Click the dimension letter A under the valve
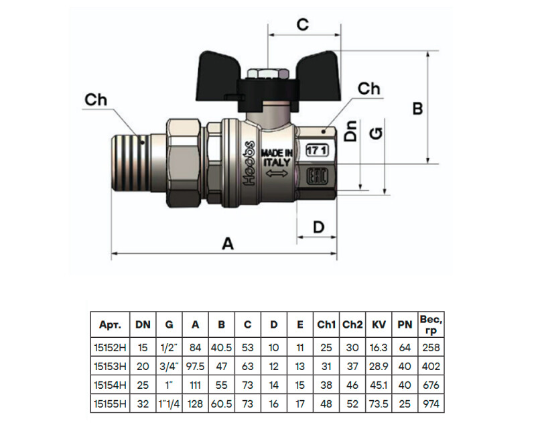(x=228, y=244)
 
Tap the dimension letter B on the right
(x=417, y=109)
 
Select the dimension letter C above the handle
(x=303, y=24)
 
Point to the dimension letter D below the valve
(x=319, y=227)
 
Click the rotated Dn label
(x=351, y=131)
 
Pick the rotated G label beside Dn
(x=376, y=133)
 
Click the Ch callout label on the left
(x=96, y=100)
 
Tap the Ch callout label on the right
(x=369, y=88)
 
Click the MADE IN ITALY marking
(x=277, y=158)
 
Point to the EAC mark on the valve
(x=317, y=176)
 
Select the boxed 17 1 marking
(x=317, y=151)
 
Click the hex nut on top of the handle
(x=269, y=74)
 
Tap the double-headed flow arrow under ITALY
(x=277, y=174)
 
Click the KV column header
(x=379, y=324)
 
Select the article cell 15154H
(x=110, y=385)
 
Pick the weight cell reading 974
(x=431, y=404)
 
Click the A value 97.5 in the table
(x=195, y=367)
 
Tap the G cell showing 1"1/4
(x=169, y=404)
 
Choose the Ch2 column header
(x=352, y=324)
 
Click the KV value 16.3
(x=379, y=348)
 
